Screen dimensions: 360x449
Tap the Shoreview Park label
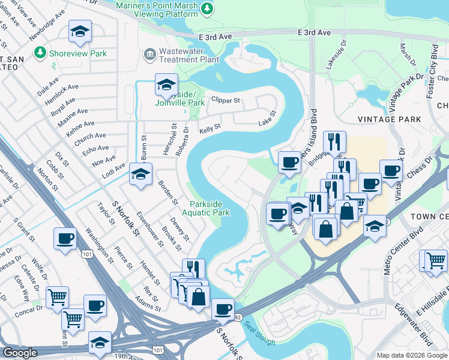[78, 53]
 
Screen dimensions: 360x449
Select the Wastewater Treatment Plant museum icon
[149, 55]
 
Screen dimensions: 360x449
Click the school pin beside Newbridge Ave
[79, 32]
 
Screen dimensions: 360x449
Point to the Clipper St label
[228, 100]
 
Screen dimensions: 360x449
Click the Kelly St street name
[210, 128]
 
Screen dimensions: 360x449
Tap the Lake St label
[267, 118]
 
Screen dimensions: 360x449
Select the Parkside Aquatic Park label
[209, 208]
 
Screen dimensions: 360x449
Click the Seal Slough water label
[260, 338]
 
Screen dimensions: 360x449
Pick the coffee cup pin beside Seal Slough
[223, 309]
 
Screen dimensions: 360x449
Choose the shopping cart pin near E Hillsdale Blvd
[436, 260]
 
